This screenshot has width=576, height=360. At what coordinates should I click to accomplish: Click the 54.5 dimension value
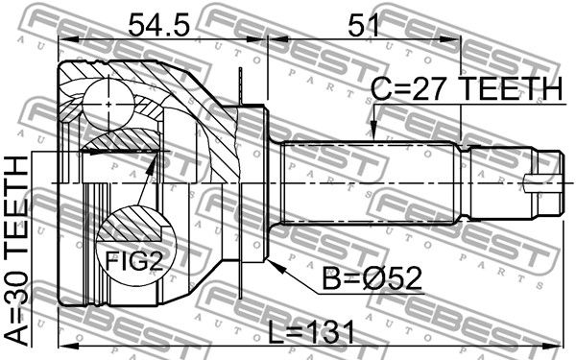[x=158, y=26]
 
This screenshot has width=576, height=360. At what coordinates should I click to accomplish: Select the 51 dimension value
[x=363, y=26]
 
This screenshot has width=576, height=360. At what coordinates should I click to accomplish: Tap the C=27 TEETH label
[x=467, y=89]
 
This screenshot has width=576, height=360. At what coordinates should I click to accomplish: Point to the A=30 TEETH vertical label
[x=17, y=251]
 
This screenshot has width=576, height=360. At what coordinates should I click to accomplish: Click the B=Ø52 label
[x=372, y=278]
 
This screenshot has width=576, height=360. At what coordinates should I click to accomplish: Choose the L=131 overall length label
[x=311, y=332]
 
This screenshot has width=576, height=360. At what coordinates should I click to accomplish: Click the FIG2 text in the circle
[x=133, y=261]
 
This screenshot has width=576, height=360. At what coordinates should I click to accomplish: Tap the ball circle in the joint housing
[x=108, y=104]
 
